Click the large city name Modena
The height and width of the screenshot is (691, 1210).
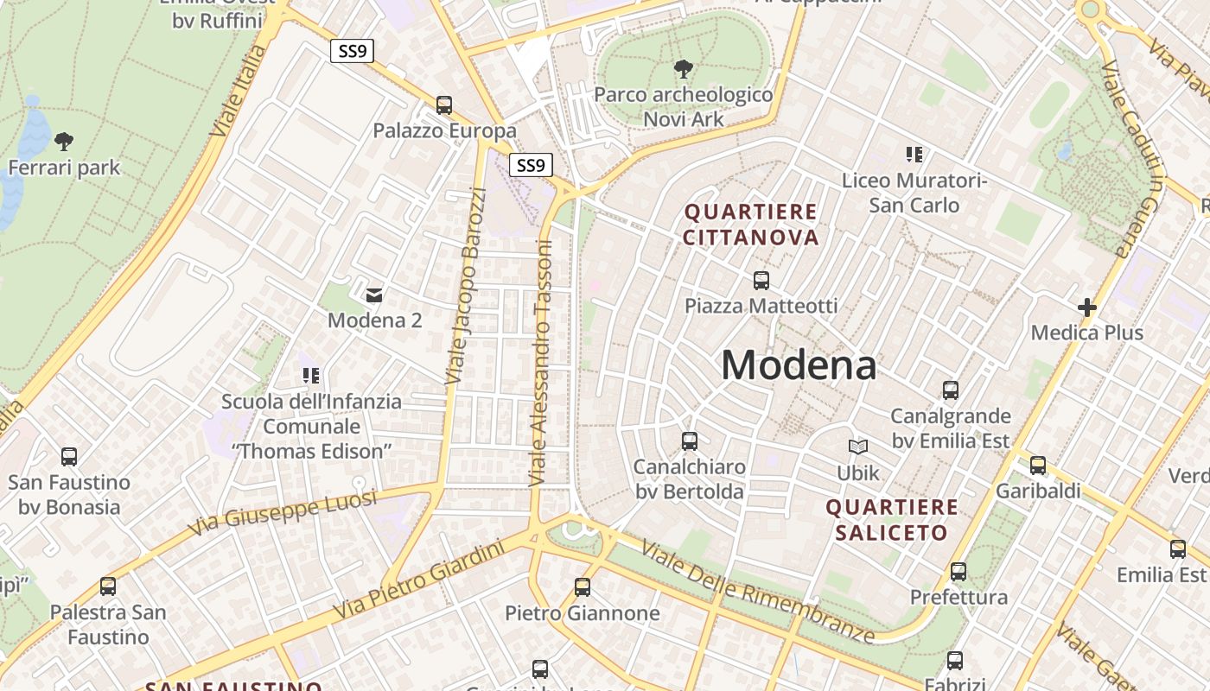point(799,365)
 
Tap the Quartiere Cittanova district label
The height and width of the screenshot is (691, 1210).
point(751,225)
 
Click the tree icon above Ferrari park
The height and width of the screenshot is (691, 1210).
point(64,141)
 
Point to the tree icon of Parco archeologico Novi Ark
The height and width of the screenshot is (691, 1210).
point(684,68)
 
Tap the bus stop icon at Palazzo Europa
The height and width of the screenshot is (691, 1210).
point(444,105)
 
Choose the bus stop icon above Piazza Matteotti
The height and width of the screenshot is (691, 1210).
point(761,280)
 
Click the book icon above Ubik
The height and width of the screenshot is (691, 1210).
point(857,447)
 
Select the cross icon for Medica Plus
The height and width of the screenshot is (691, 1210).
point(1087,307)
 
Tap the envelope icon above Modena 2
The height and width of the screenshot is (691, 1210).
point(374,295)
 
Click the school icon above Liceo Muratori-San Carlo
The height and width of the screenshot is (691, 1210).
point(914,155)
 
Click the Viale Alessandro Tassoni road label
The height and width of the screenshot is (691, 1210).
point(542,363)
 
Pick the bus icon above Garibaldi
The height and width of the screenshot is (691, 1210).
point(1038,466)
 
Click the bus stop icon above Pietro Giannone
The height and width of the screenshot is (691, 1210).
point(583,587)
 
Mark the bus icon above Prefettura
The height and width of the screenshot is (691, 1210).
point(958,571)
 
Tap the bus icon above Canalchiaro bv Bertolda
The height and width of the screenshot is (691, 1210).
point(690,441)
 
